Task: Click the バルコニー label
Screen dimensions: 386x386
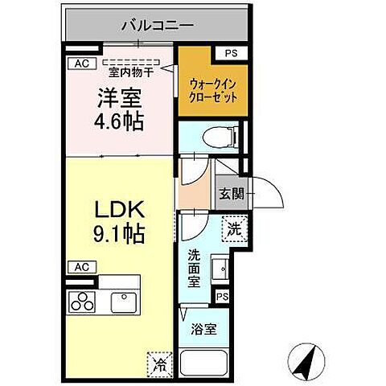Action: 157,26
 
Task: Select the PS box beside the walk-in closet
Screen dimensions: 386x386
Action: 232,54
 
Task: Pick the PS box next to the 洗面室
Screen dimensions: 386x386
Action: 221,298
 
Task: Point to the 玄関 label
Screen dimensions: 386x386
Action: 229,193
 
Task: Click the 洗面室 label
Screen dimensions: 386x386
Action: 195,269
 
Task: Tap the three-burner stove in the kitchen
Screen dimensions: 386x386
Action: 80,302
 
